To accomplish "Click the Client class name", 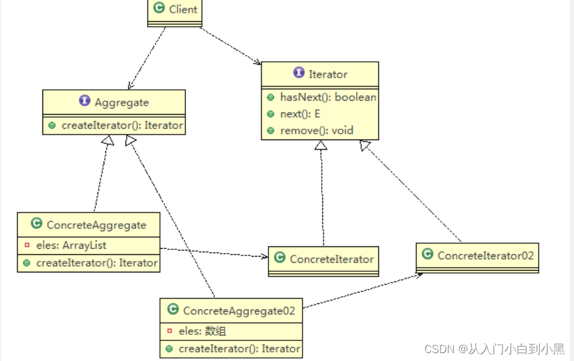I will [183, 8].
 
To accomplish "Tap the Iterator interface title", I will [328, 74].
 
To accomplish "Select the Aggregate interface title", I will [122, 103].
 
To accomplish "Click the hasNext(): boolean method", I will [328, 97].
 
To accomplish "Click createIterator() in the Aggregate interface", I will [122, 126].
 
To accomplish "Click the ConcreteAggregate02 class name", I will [239, 311].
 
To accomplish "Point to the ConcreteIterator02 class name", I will [486, 255].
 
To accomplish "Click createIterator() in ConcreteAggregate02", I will [239, 349].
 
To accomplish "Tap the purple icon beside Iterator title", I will [299, 73].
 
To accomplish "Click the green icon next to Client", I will [159, 8].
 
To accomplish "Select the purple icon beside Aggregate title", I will [85, 102].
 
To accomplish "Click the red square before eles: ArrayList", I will [27, 246].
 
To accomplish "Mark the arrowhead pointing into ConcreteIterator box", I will [264, 257].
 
